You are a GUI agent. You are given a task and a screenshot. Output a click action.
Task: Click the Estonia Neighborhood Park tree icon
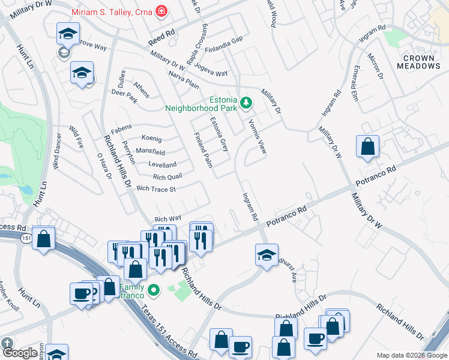tap(246, 103)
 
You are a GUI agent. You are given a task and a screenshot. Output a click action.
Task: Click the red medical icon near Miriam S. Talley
tap(161, 11)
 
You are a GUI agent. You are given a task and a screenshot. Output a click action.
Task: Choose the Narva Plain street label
tap(184, 81)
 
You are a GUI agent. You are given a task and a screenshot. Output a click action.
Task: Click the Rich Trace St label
tap(155, 189)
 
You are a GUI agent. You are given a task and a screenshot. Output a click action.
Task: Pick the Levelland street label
tap(162, 165)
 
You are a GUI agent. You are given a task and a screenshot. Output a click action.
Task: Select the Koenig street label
tap(152, 139)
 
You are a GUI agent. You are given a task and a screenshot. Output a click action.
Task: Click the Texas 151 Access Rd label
tap(166, 329)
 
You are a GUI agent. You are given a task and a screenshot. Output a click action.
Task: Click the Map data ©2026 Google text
tap(412, 355)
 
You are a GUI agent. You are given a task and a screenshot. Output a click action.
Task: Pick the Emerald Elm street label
tap(356, 82)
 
